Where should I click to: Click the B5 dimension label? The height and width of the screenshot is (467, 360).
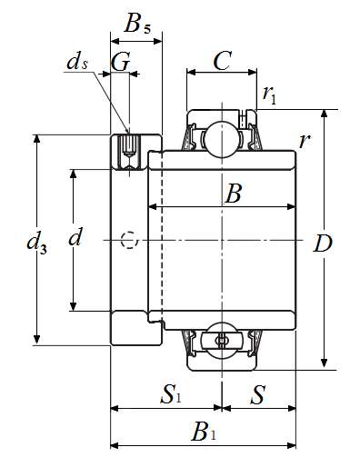137,24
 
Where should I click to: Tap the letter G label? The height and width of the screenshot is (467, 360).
121,62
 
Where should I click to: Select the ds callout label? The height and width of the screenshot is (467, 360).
77,62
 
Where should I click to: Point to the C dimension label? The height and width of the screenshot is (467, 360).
223,61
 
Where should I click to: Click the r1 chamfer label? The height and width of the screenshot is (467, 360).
270,94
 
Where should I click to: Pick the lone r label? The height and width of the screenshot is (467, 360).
304,141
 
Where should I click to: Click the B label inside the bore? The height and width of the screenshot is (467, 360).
233,194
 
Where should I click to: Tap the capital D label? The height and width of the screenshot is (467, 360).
323,243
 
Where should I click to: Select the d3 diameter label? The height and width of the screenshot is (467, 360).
36,243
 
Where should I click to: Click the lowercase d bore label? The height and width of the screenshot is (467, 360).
75,236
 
